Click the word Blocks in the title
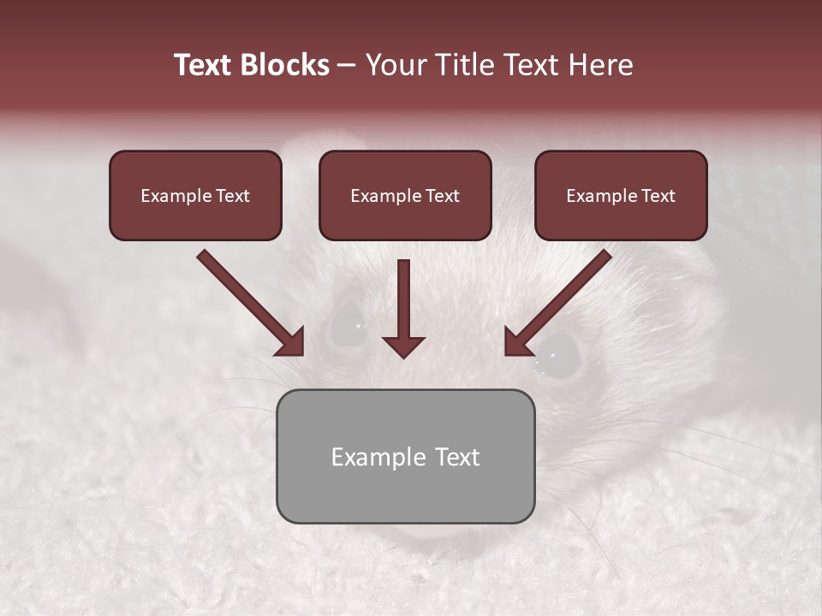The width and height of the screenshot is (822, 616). pos(286,65)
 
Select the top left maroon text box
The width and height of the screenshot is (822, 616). pos(195,195)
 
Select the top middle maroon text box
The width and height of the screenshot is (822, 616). pos(405,195)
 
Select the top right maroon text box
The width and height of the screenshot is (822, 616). pos(621,195)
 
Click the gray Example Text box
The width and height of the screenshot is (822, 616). pos(405,456)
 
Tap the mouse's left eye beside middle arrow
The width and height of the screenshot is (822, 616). pos(346,329)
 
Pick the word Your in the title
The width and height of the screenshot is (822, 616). pos(396,65)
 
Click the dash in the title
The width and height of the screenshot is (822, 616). pos(347,65)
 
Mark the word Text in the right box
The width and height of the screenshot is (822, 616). pos(658,195)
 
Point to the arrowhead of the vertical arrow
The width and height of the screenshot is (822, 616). pos(403,346)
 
